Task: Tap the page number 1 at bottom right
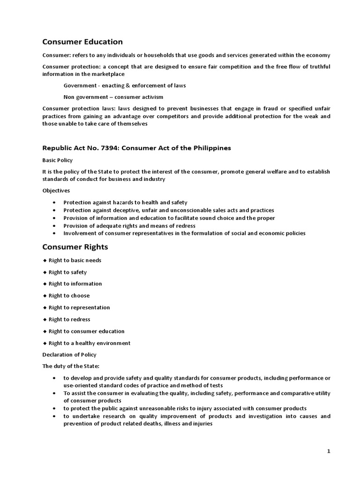(329, 451)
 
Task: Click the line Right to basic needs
(75, 260)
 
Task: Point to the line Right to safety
(67, 272)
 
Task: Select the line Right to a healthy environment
(89, 343)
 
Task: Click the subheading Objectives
(56, 191)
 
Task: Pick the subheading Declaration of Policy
(69, 354)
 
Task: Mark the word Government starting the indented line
(79, 85)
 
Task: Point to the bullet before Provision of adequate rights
(55, 225)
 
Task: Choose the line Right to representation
(79, 307)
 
